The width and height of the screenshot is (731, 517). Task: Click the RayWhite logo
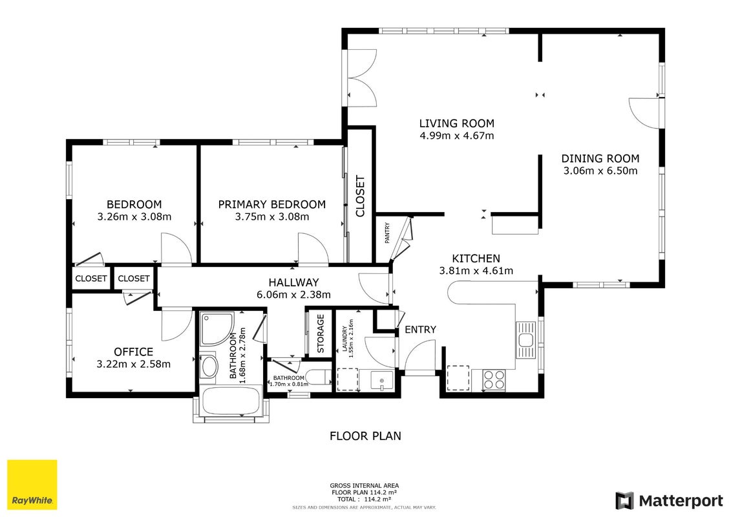coord(32,485)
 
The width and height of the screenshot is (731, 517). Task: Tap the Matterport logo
coord(670,501)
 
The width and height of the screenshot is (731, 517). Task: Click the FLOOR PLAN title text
coord(365,436)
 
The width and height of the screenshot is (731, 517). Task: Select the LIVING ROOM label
coord(456,123)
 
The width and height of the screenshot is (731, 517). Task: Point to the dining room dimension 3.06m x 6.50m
coord(600,171)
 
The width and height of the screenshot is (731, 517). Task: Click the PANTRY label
coord(387,233)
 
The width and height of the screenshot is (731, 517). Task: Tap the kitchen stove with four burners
coord(494,379)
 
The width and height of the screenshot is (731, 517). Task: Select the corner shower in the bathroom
coord(217,329)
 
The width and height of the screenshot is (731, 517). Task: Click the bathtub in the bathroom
coord(231,401)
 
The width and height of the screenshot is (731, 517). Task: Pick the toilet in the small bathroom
coord(321,377)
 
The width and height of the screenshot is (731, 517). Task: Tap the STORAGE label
coord(321,333)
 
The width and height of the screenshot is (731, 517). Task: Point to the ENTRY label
coord(420,330)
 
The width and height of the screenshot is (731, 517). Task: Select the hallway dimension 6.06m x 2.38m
coord(293,295)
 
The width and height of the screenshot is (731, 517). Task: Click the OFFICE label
coord(133,352)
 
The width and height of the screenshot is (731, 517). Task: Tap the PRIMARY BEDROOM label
coord(272,204)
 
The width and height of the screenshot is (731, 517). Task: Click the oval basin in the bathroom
coord(208,367)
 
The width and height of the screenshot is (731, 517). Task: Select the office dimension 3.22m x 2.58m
coord(133,364)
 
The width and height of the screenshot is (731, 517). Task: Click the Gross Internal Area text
coord(364,485)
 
